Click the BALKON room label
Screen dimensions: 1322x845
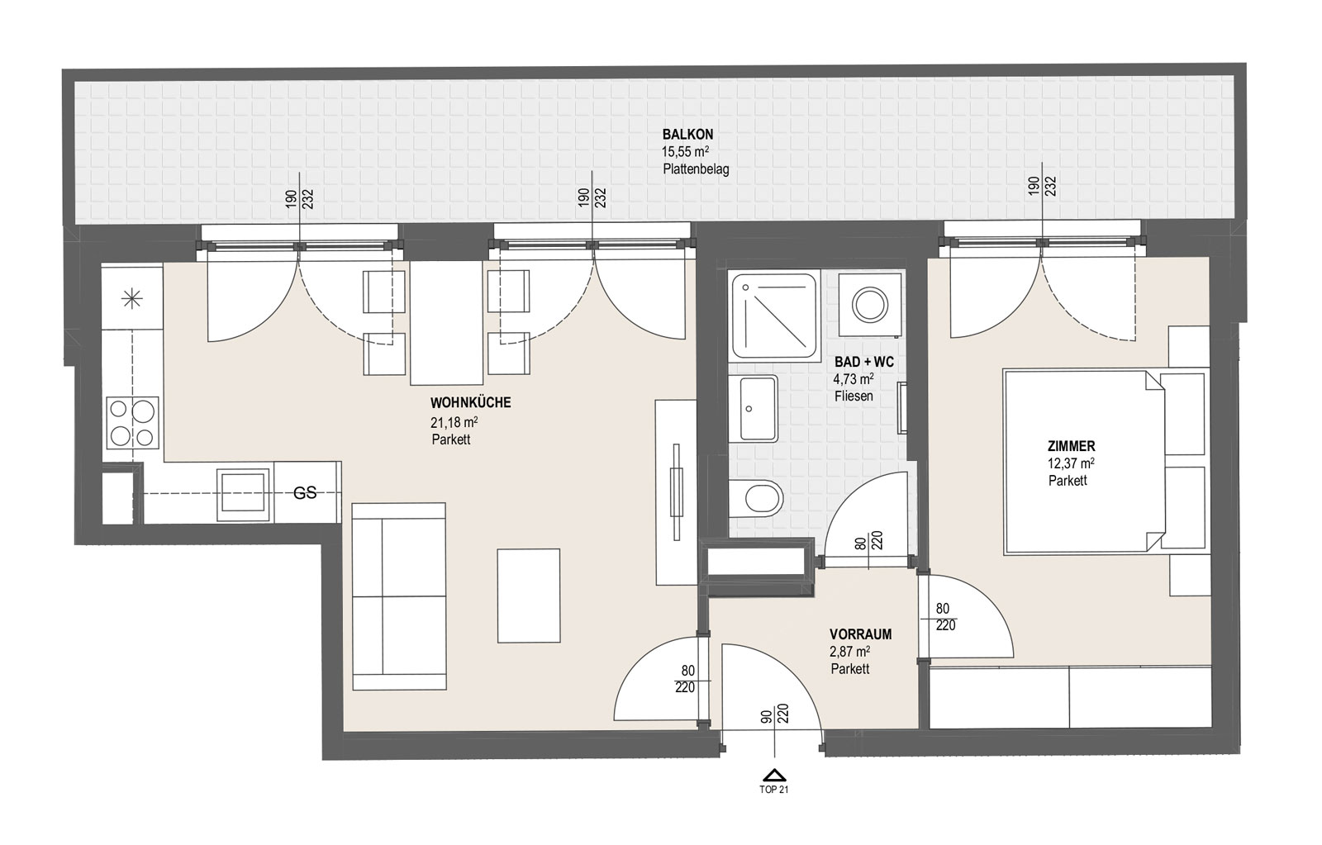click(x=687, y=135)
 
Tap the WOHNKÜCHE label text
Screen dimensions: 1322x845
click(x=470, y=403)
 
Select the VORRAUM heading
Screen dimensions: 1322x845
click(x=860, y=634)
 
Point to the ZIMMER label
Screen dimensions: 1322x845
click(x=1071, y=446)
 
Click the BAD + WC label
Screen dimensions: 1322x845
click(x=864, y=362)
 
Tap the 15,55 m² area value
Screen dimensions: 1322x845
click(x=685, y=152)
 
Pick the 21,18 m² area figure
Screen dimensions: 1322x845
click(x=454, y=423)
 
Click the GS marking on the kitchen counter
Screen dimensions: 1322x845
click(x=305, y=493)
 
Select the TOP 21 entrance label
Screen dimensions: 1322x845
click(x=773, y=790)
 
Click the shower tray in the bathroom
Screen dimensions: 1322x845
click(x=773, y=317)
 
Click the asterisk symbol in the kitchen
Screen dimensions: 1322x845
click(x=131, y=299)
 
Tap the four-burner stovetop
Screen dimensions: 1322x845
click(x=133, y=423)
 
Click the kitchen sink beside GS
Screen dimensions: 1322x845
click(x=243, y=495)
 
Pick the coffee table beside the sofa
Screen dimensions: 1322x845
click(x=528, y=596)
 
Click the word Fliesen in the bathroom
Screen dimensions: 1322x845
click(x=854, y=396)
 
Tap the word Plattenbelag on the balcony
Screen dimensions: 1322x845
click(x=696, y=169)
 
